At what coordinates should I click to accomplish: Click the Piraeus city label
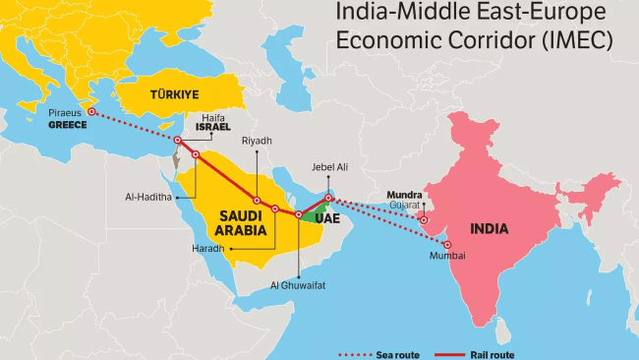(x=65, y=113)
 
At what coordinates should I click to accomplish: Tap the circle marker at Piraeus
(x=91, y=112)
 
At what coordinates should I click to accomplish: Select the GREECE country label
(x=68, y=125)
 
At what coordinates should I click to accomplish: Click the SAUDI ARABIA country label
(x=236, y=222)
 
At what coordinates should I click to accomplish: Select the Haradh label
(x=208, y=248)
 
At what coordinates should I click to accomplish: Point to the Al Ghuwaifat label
(x=297, y=284)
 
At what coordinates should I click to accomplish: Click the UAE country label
(x=327, y=219)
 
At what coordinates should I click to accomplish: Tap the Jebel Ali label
(x=329, y=167)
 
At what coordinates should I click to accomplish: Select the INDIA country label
(x=489, y=228)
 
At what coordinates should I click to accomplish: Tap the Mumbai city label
(x=446, y=256)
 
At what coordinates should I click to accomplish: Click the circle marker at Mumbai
(x=448, y=244)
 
